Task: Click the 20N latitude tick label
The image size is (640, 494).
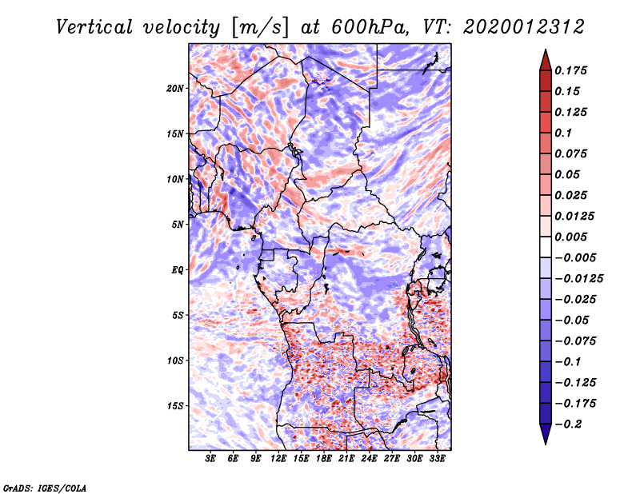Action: (175, 88)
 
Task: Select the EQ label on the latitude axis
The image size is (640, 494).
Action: (177, 270)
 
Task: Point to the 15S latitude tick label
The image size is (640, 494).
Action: (175, 406)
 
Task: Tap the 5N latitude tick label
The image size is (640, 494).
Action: (178, 225)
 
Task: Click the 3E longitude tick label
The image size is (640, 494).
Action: (211, 460)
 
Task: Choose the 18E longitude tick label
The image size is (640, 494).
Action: (324, 460)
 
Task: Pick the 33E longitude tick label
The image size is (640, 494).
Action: (437, 460)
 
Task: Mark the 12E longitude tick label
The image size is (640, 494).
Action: (278, 460)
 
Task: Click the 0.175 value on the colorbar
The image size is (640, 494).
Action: (573, 70)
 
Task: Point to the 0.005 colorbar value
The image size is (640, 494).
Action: (573, 237)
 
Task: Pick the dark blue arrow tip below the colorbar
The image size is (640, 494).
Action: (545, 437)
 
